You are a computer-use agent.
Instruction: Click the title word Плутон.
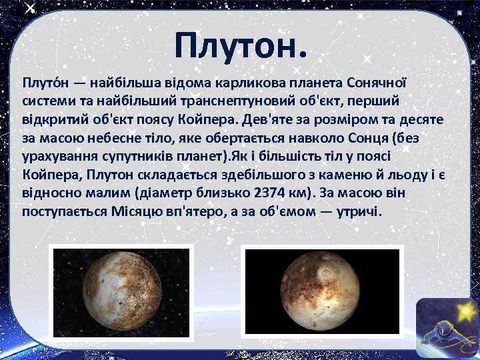(x=241, y=45)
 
